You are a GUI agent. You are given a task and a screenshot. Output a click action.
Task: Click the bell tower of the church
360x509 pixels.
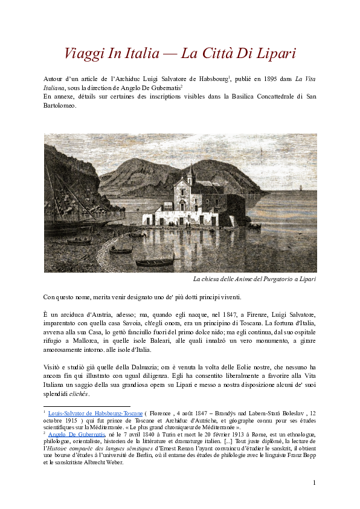[191, 175]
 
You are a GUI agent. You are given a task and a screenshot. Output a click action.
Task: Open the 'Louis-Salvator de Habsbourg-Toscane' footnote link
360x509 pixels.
[95, 412]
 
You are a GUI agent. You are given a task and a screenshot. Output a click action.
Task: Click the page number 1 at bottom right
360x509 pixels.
[315, 482]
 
